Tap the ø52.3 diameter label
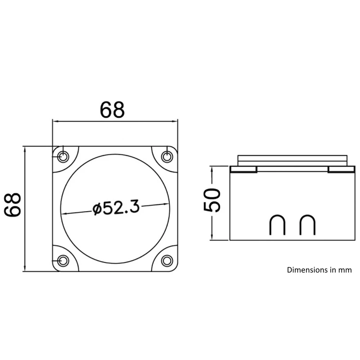[x=115, y=208]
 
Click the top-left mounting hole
[x=64, y=157]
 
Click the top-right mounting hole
[x=167, y=157]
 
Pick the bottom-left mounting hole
[x=64, y=260]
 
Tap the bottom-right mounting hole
[x=167, y=260]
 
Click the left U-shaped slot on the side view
[x=278, y=225]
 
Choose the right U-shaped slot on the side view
[x=308, y=225]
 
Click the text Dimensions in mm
[x=319, y=270]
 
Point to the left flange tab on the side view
[x=243, y=170]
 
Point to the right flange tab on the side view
[x=341, y=170]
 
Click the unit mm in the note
[x=345, y=270]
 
